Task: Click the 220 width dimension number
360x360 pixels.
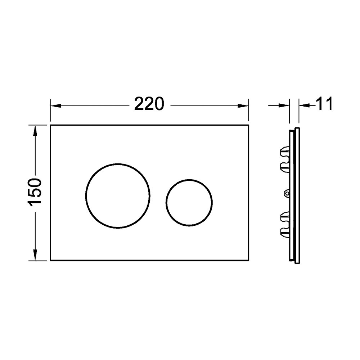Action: click(149, 104)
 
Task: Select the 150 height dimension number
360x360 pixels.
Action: click(36, 192)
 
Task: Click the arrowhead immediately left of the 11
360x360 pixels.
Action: click(303, 105)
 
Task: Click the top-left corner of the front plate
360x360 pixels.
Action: click(50, 125)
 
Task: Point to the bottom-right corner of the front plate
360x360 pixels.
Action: click(248, 262)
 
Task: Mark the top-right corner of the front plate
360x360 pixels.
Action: click(248, 125)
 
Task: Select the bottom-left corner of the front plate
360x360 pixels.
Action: click(50, 262)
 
